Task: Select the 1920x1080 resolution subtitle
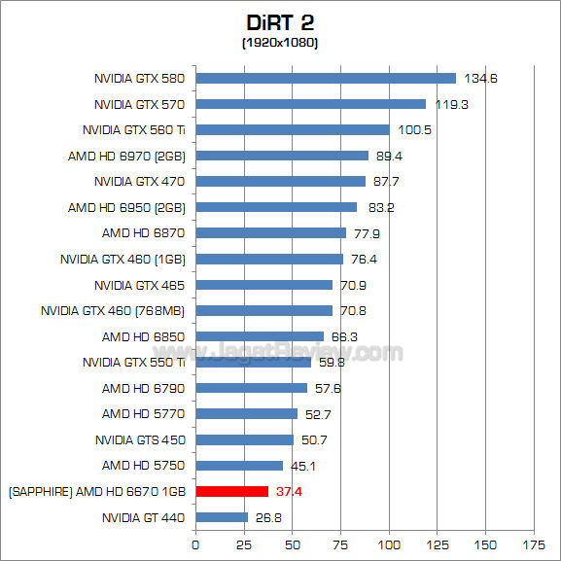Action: coord(280,43)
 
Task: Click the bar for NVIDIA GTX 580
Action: coord(326,78)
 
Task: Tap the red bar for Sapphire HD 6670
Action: coord(231,491)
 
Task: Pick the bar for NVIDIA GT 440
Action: coord(222,517)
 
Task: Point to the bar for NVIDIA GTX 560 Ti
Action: coord(293,129)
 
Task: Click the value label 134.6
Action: coord(479,78)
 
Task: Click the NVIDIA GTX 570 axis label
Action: coord(139,104)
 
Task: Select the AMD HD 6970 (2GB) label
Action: coord(126,156)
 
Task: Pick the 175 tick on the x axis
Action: coord(534,544)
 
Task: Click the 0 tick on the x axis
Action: coord(196,544)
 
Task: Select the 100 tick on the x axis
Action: coord(389,544)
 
